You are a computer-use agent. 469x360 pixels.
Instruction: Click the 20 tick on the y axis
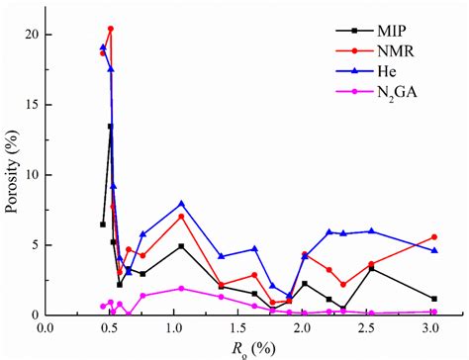point(29,35)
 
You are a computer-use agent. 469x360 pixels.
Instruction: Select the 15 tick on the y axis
point(29,105)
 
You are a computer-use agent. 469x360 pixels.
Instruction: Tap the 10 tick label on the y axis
point(29,175)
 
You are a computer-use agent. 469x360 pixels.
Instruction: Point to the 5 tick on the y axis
point(32,245)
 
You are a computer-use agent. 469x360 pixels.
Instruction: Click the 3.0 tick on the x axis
point(432,326)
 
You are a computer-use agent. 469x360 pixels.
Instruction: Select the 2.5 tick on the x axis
point(368,326)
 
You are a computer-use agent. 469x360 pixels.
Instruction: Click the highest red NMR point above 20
point(111,29)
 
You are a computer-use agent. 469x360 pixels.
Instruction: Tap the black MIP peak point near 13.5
point(111,127)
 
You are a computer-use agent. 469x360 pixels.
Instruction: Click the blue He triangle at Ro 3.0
point(434,250)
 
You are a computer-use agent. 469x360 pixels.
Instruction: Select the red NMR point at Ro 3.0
point(434,236)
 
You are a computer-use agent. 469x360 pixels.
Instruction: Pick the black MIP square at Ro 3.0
point(434,299)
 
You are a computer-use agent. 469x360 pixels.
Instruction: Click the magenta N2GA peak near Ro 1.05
point(181,288)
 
